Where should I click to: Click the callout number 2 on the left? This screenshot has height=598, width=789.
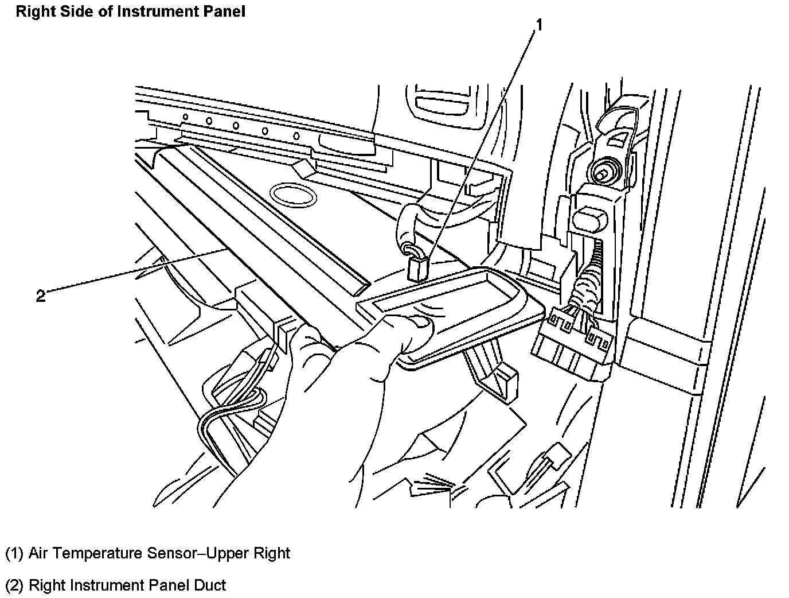pos(40,296)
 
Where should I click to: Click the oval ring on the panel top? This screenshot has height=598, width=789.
pos(293,195)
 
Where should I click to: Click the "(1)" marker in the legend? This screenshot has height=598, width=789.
pos(14,553)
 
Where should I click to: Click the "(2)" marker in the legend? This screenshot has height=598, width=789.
pos(14,585)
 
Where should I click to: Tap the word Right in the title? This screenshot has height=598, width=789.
pos(32,11)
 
